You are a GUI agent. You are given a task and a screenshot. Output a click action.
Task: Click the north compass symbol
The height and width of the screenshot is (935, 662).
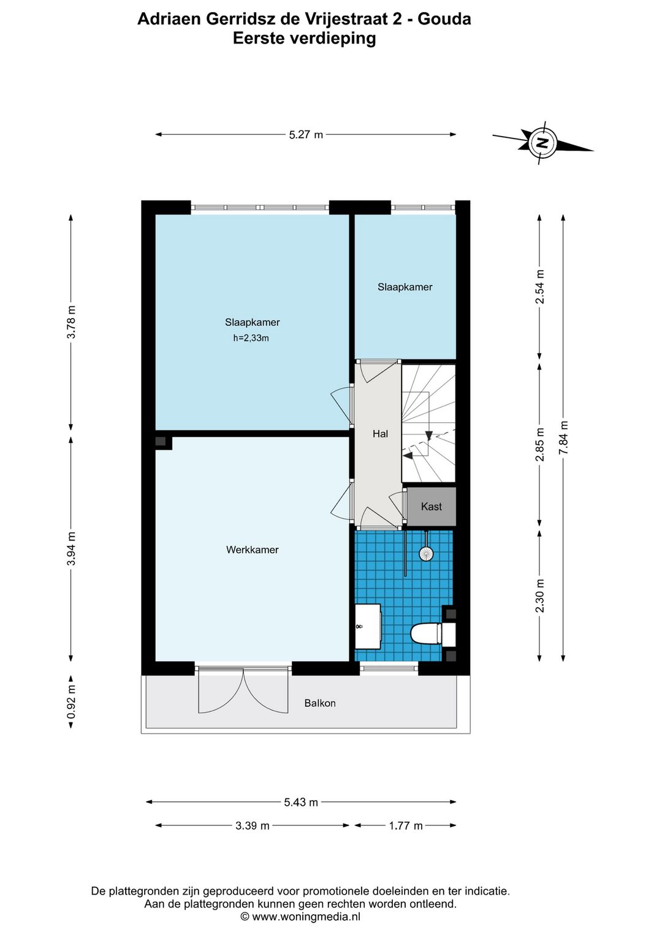click(x=542, y=143)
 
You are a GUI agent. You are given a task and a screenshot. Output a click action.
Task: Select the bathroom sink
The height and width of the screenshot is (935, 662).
click(x=368, y=626)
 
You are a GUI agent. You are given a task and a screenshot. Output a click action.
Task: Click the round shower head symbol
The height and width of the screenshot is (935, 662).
click(x=426, y=554)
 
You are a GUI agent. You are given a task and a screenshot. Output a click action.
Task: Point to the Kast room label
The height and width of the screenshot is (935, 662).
click(x=431, y=507)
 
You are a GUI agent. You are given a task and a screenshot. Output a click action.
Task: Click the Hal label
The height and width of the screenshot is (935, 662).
click(x=380, y=434)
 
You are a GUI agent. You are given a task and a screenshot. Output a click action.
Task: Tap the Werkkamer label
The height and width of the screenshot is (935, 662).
click(x=252, y=550)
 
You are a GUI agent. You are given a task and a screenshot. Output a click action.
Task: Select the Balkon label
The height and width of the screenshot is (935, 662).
click(x=320, y=703)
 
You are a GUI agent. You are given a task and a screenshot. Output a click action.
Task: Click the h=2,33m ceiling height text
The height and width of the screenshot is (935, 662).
click(x=251, y=338)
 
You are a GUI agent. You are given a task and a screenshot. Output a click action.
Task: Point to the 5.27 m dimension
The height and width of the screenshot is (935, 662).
click(x=306, y=135)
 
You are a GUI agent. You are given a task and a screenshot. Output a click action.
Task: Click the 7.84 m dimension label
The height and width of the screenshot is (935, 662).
click(x=564, y=437)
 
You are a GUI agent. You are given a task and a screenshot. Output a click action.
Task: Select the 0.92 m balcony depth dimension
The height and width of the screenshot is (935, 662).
click(x=72, y=702)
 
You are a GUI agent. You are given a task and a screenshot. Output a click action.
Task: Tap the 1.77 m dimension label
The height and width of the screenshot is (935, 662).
click(x=405, y=826)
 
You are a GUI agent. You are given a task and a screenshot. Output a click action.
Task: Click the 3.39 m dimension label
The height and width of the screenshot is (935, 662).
click(x=252, y=826)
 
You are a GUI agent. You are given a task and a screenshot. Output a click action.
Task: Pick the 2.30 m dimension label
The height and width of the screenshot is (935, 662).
click(x=540, y=596)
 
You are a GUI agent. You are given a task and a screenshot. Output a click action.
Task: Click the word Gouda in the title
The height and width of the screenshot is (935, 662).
click(x=444, y=19)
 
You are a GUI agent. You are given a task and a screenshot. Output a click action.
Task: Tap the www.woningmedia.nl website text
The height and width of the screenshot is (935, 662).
click(x=306, y=917)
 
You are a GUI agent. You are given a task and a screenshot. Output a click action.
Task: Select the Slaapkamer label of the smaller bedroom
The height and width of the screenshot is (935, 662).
click(x=405, y=287)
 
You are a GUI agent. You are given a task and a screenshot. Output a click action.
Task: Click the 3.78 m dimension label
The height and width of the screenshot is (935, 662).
click(x=72, y=322)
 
